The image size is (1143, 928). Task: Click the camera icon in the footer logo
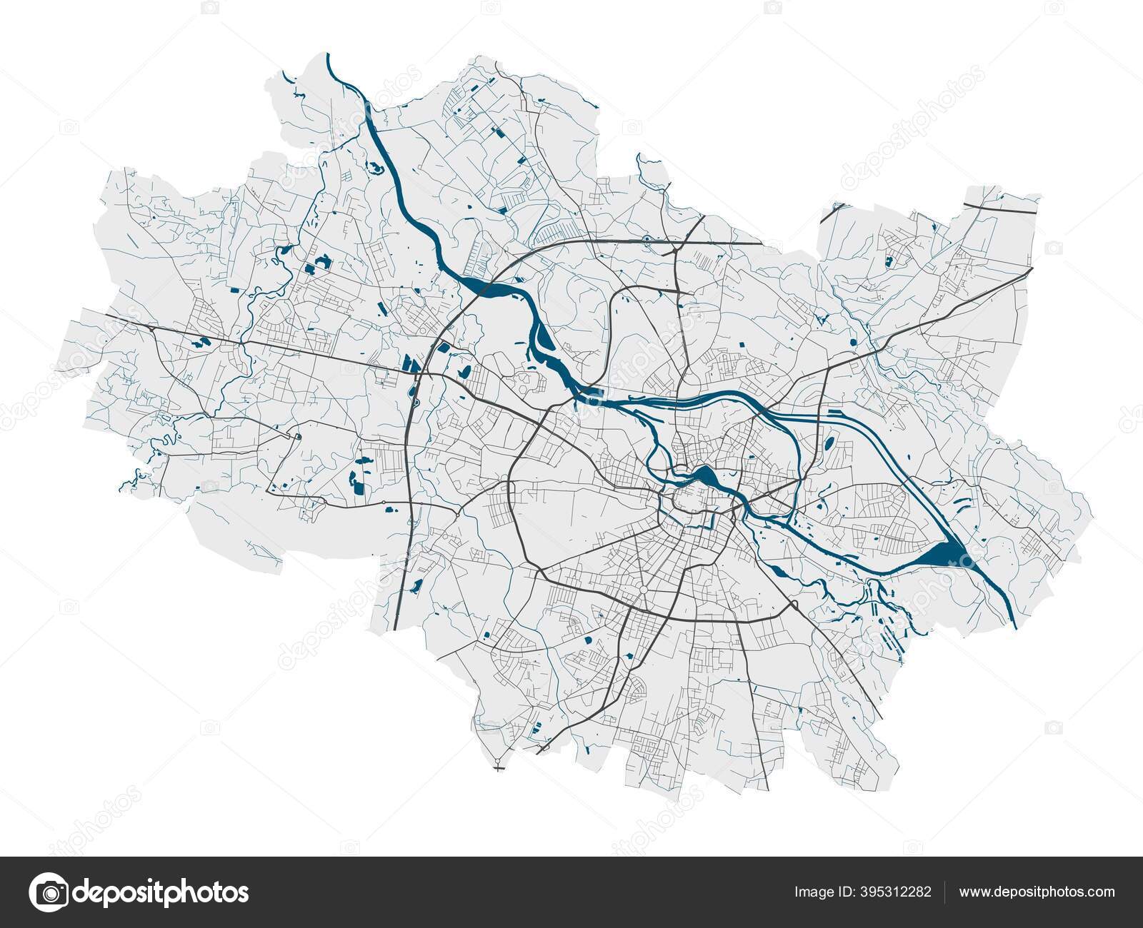[49, 892]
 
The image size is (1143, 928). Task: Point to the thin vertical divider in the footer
[945, 892]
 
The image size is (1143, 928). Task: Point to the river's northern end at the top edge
[328, 56]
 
